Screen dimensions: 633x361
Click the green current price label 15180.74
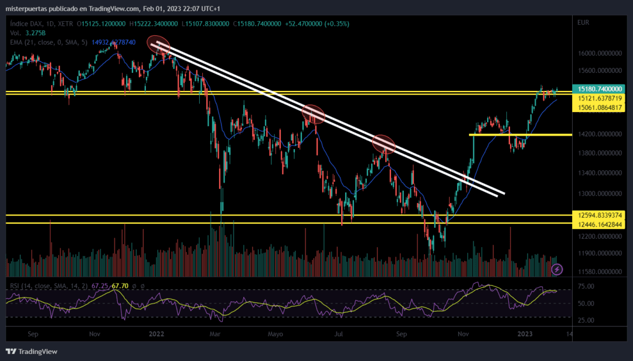point(598,89)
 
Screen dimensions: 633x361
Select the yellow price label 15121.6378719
point(598,98)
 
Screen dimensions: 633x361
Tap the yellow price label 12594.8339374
point(598,215)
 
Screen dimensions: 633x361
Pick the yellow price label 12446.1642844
point(598,224)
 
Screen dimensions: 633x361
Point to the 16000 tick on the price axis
point(600,53)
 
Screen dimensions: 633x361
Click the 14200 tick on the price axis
point(600,134)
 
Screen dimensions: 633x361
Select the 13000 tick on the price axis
point(600,194)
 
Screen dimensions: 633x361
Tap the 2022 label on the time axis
point(156,334)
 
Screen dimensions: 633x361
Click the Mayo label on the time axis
point(275,335)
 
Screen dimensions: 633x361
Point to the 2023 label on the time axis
point(525,334)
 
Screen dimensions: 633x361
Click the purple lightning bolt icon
point(557,269)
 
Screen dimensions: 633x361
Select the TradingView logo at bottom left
point(32,351)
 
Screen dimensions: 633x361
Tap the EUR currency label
point(583,23)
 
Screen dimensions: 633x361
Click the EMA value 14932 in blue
point(114,42)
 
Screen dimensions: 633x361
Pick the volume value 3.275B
point(36,33)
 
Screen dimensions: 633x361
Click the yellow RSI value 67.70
point(120,286)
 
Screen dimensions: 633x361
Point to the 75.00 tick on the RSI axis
point(586,286)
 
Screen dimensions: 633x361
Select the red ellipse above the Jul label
point(313,114)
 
